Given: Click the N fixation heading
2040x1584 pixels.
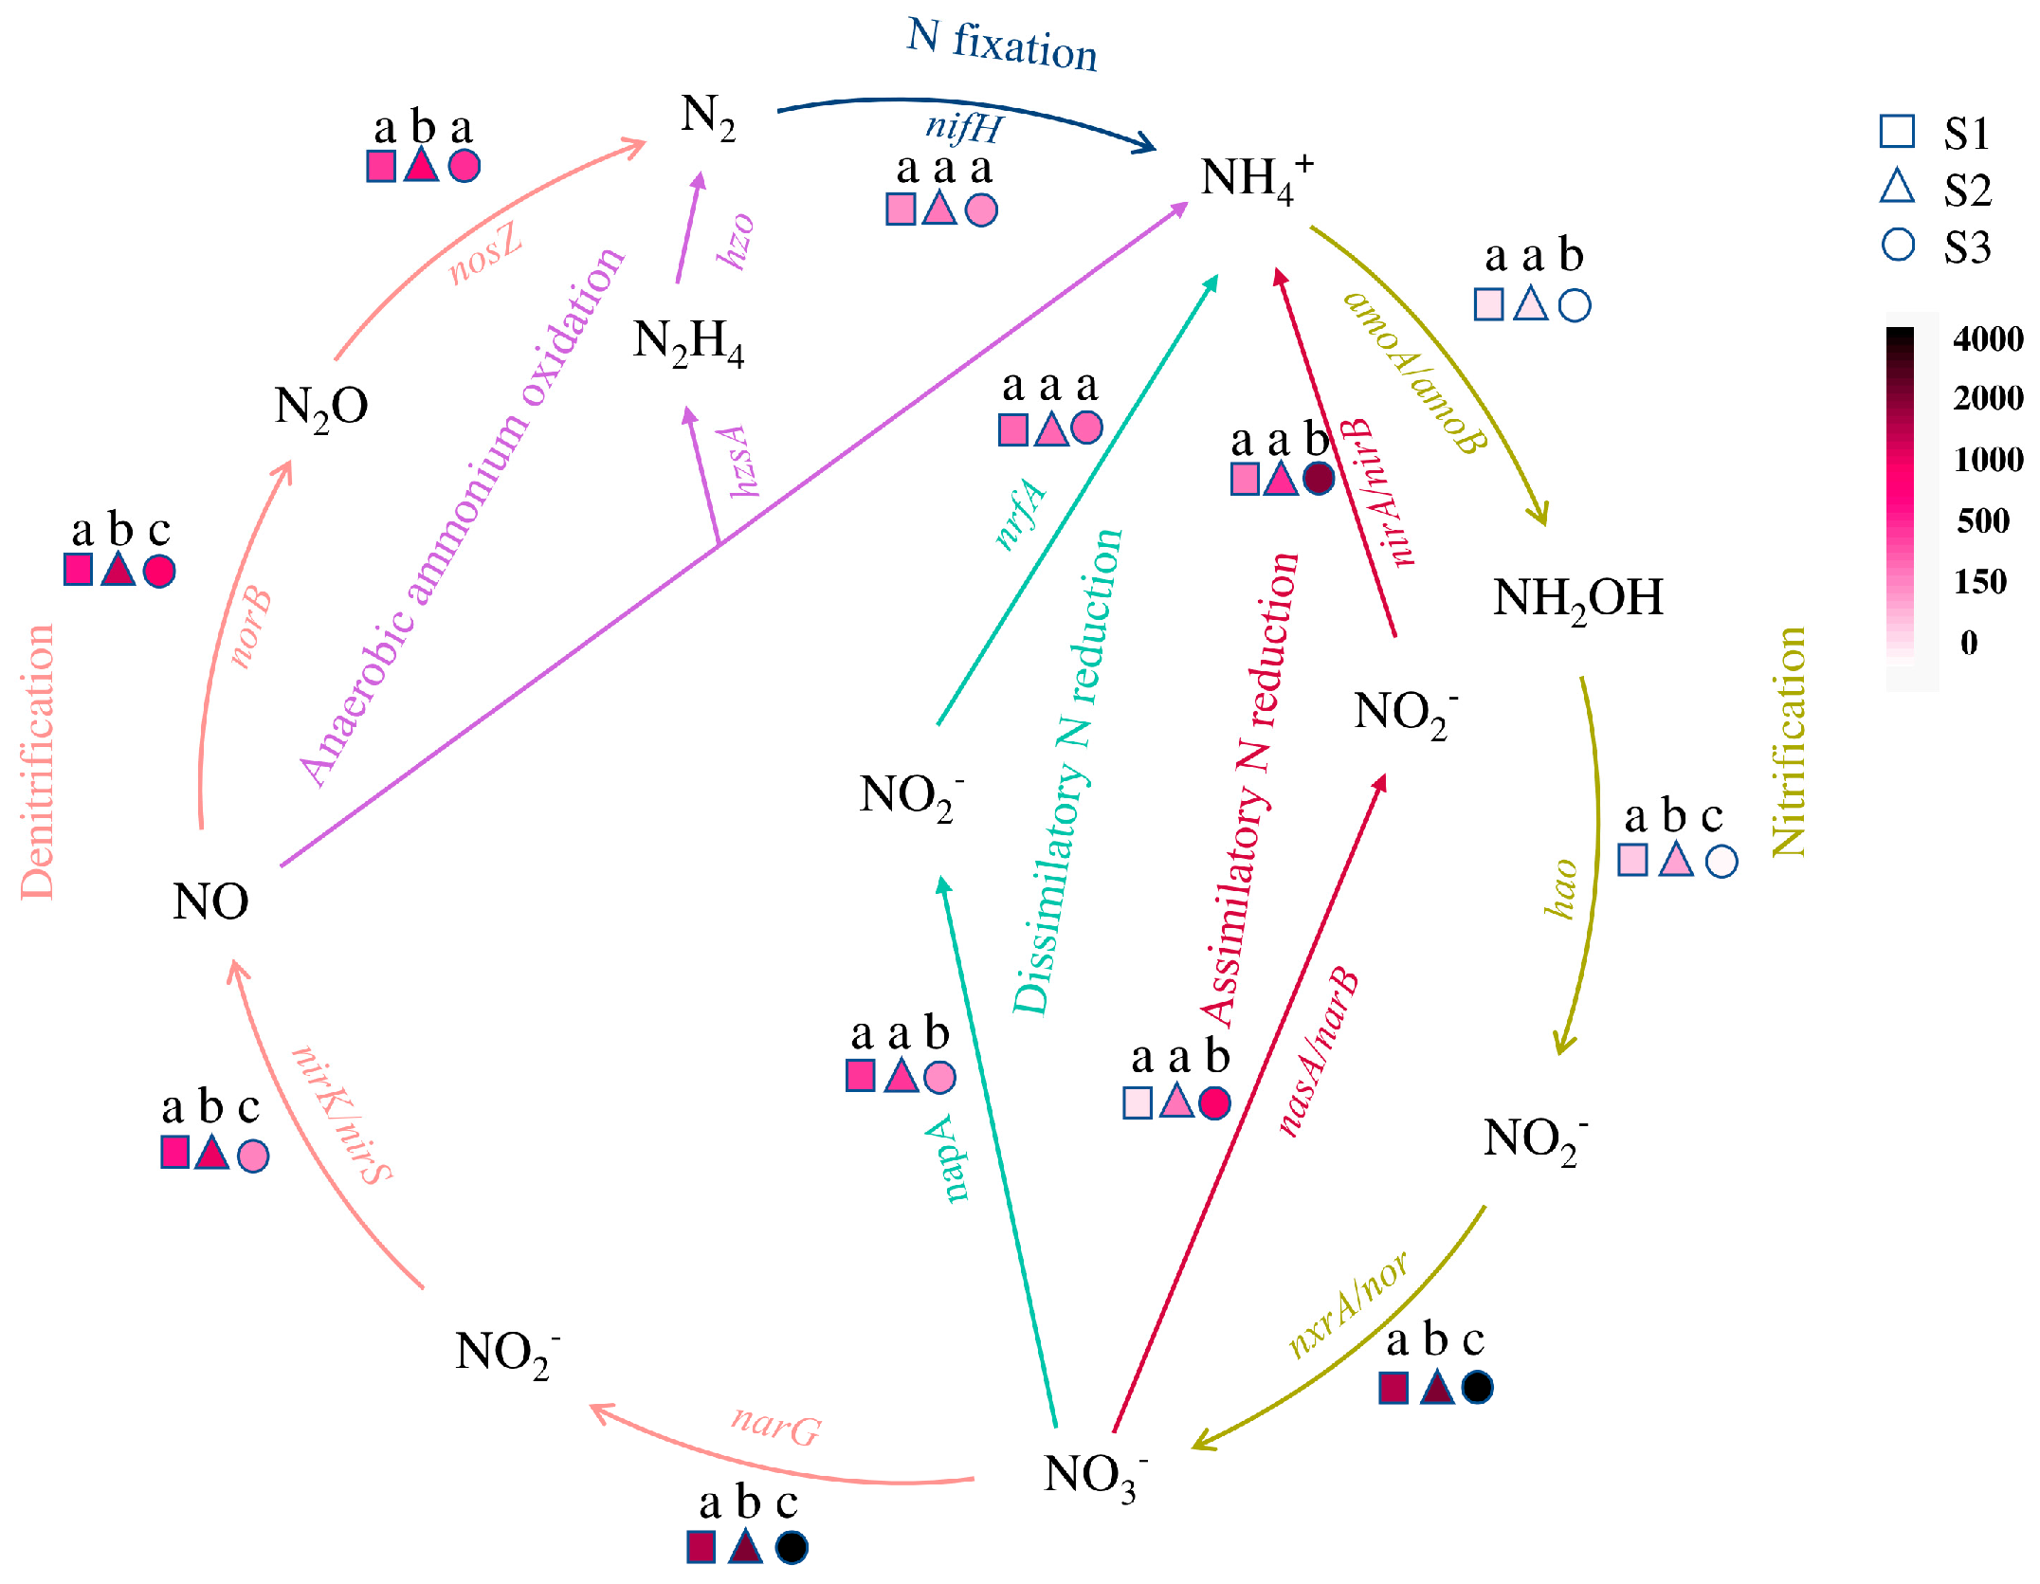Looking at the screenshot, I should click(x=1002, y=45).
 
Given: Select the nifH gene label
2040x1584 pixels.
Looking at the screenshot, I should click(x=963, y=126).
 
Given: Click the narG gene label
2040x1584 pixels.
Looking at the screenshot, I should click(x=775, y=1425).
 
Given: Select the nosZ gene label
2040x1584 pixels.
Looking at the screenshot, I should click(x=484, y=254).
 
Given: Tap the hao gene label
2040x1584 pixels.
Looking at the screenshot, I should click(x=1561, y=889).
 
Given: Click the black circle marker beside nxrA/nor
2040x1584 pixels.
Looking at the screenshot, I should click(x=1477, y=1388).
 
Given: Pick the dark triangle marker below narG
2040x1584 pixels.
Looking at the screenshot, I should click(x=745, y=1547).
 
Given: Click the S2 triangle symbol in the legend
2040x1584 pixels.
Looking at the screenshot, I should click(x=1897, y=187).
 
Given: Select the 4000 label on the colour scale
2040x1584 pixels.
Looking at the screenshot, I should click(x=1988, y=338).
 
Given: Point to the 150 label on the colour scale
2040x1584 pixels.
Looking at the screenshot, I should click(x=1980, y=581).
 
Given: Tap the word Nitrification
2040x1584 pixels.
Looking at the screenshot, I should click(x=1789, y=742).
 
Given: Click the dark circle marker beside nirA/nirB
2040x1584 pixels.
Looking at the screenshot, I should click(x=1319, y=478).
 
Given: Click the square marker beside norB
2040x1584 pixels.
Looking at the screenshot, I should click(x=78, y=570).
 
